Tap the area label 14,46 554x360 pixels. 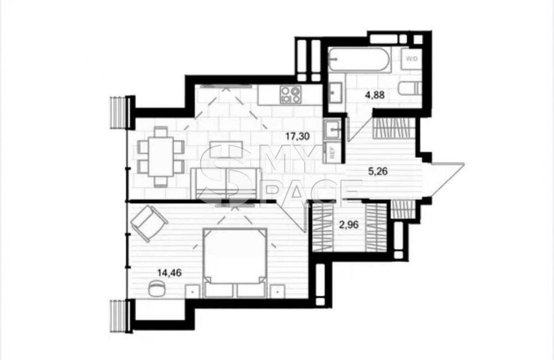coord(170,272)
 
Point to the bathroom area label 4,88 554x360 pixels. coord(375,95)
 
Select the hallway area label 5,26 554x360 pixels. coord(378,171)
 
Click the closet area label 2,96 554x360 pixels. coord(348,225)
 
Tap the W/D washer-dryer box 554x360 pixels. coord(411,59)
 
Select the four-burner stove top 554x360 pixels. coord(290,95)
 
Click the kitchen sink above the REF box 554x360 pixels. coord(332,128)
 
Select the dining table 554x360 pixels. coord(161,157)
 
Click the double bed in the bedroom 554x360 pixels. coord(235,263)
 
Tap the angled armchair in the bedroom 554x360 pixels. coord(149,223)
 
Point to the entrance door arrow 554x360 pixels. coord(445,178)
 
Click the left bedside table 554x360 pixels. coord(192,291)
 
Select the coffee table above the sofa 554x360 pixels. coord(226,150)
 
